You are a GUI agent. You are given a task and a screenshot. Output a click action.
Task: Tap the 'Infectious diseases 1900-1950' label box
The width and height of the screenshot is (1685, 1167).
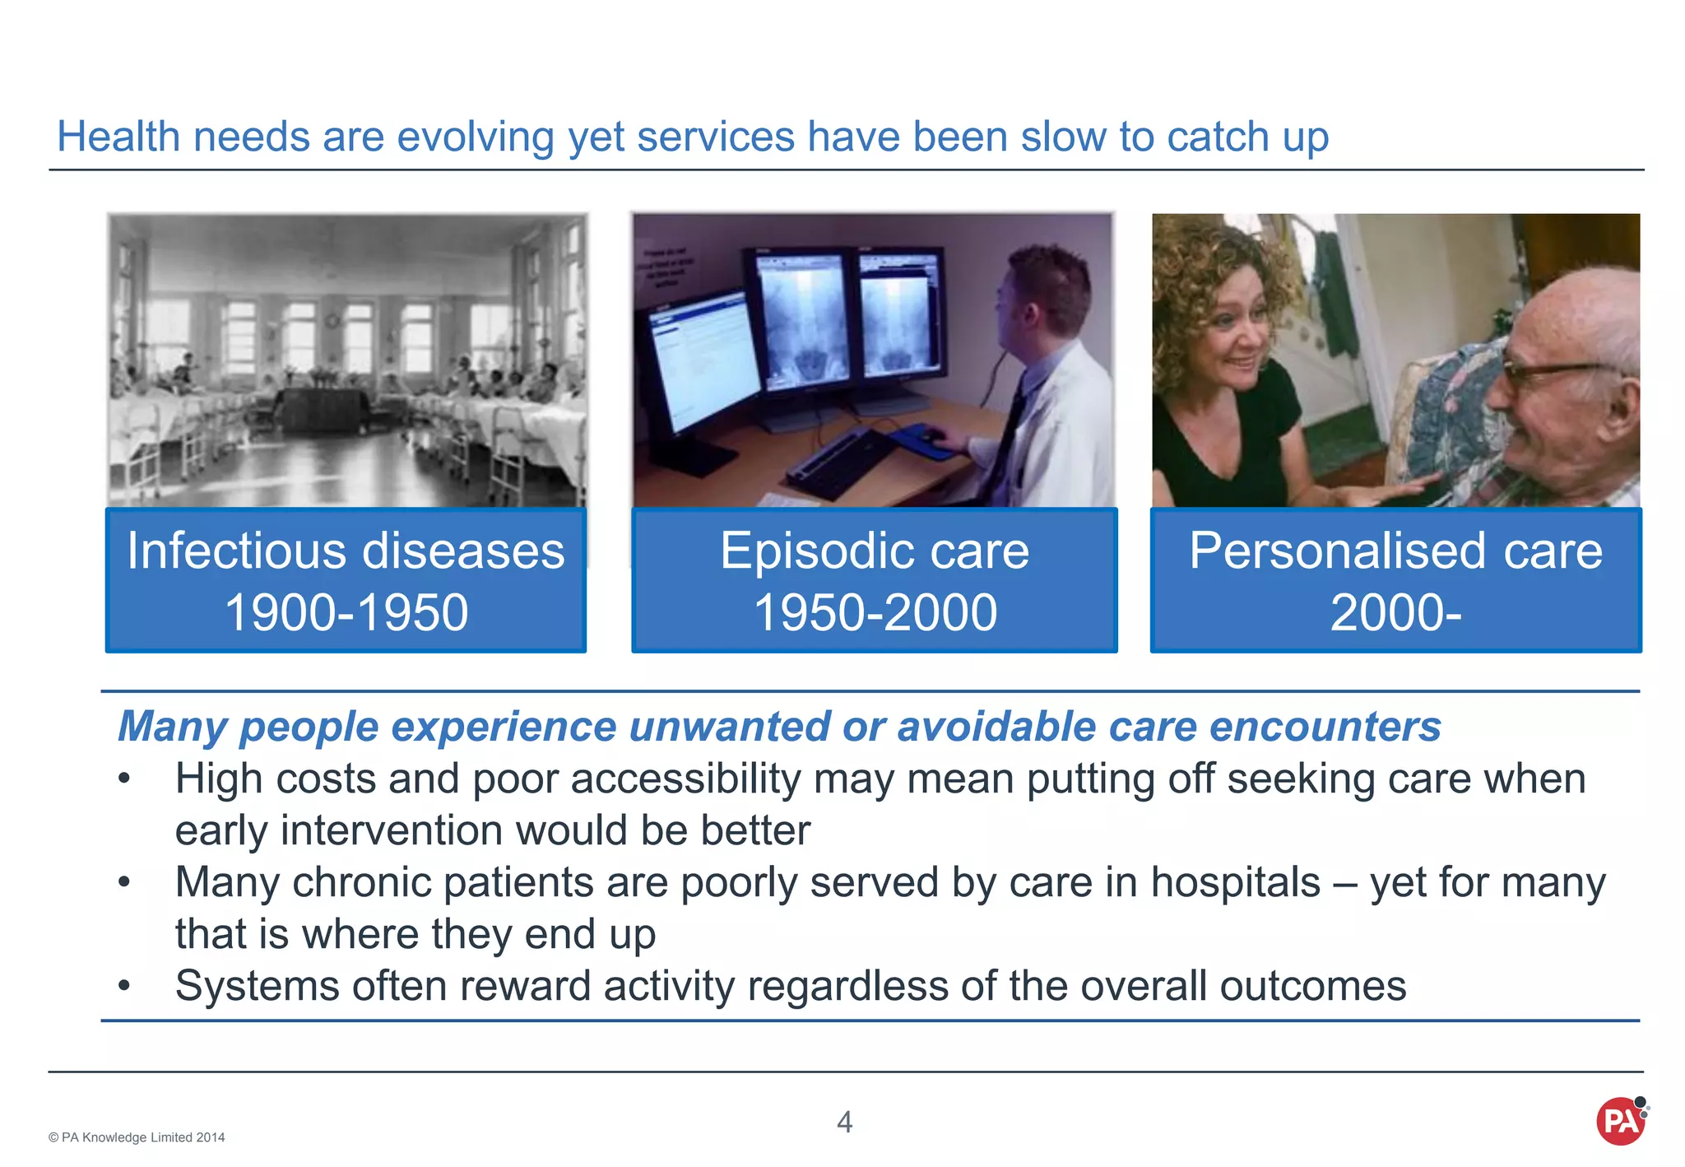pyautogui.click(x=346, y=581)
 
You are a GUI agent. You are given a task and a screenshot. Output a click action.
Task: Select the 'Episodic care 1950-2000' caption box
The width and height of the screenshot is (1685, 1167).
pyautogui.click(x=874, y=581)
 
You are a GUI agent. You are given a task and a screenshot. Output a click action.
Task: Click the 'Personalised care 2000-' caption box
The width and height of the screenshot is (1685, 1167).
pyautogui.click(x=1395, y=581)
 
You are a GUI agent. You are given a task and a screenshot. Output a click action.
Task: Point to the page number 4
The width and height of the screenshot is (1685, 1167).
pyautogui.click(x=844, y=1122)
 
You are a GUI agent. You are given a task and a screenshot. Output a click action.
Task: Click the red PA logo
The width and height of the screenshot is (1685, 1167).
pyautogui.click(x=1621, y=1121)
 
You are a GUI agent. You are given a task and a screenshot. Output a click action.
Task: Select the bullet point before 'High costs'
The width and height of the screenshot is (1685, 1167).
pyautogui.click(x=124, y=779)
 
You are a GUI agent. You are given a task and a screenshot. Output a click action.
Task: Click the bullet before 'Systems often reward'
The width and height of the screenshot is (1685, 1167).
pyautogui.click(x=124, y=986)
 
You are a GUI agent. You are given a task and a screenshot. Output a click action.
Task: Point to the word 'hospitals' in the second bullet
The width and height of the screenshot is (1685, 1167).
pyautogui.click(x=1235, y=883)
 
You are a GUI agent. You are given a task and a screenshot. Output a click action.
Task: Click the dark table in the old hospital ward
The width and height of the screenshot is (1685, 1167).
pyautogui.click(x=321, y=407)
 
